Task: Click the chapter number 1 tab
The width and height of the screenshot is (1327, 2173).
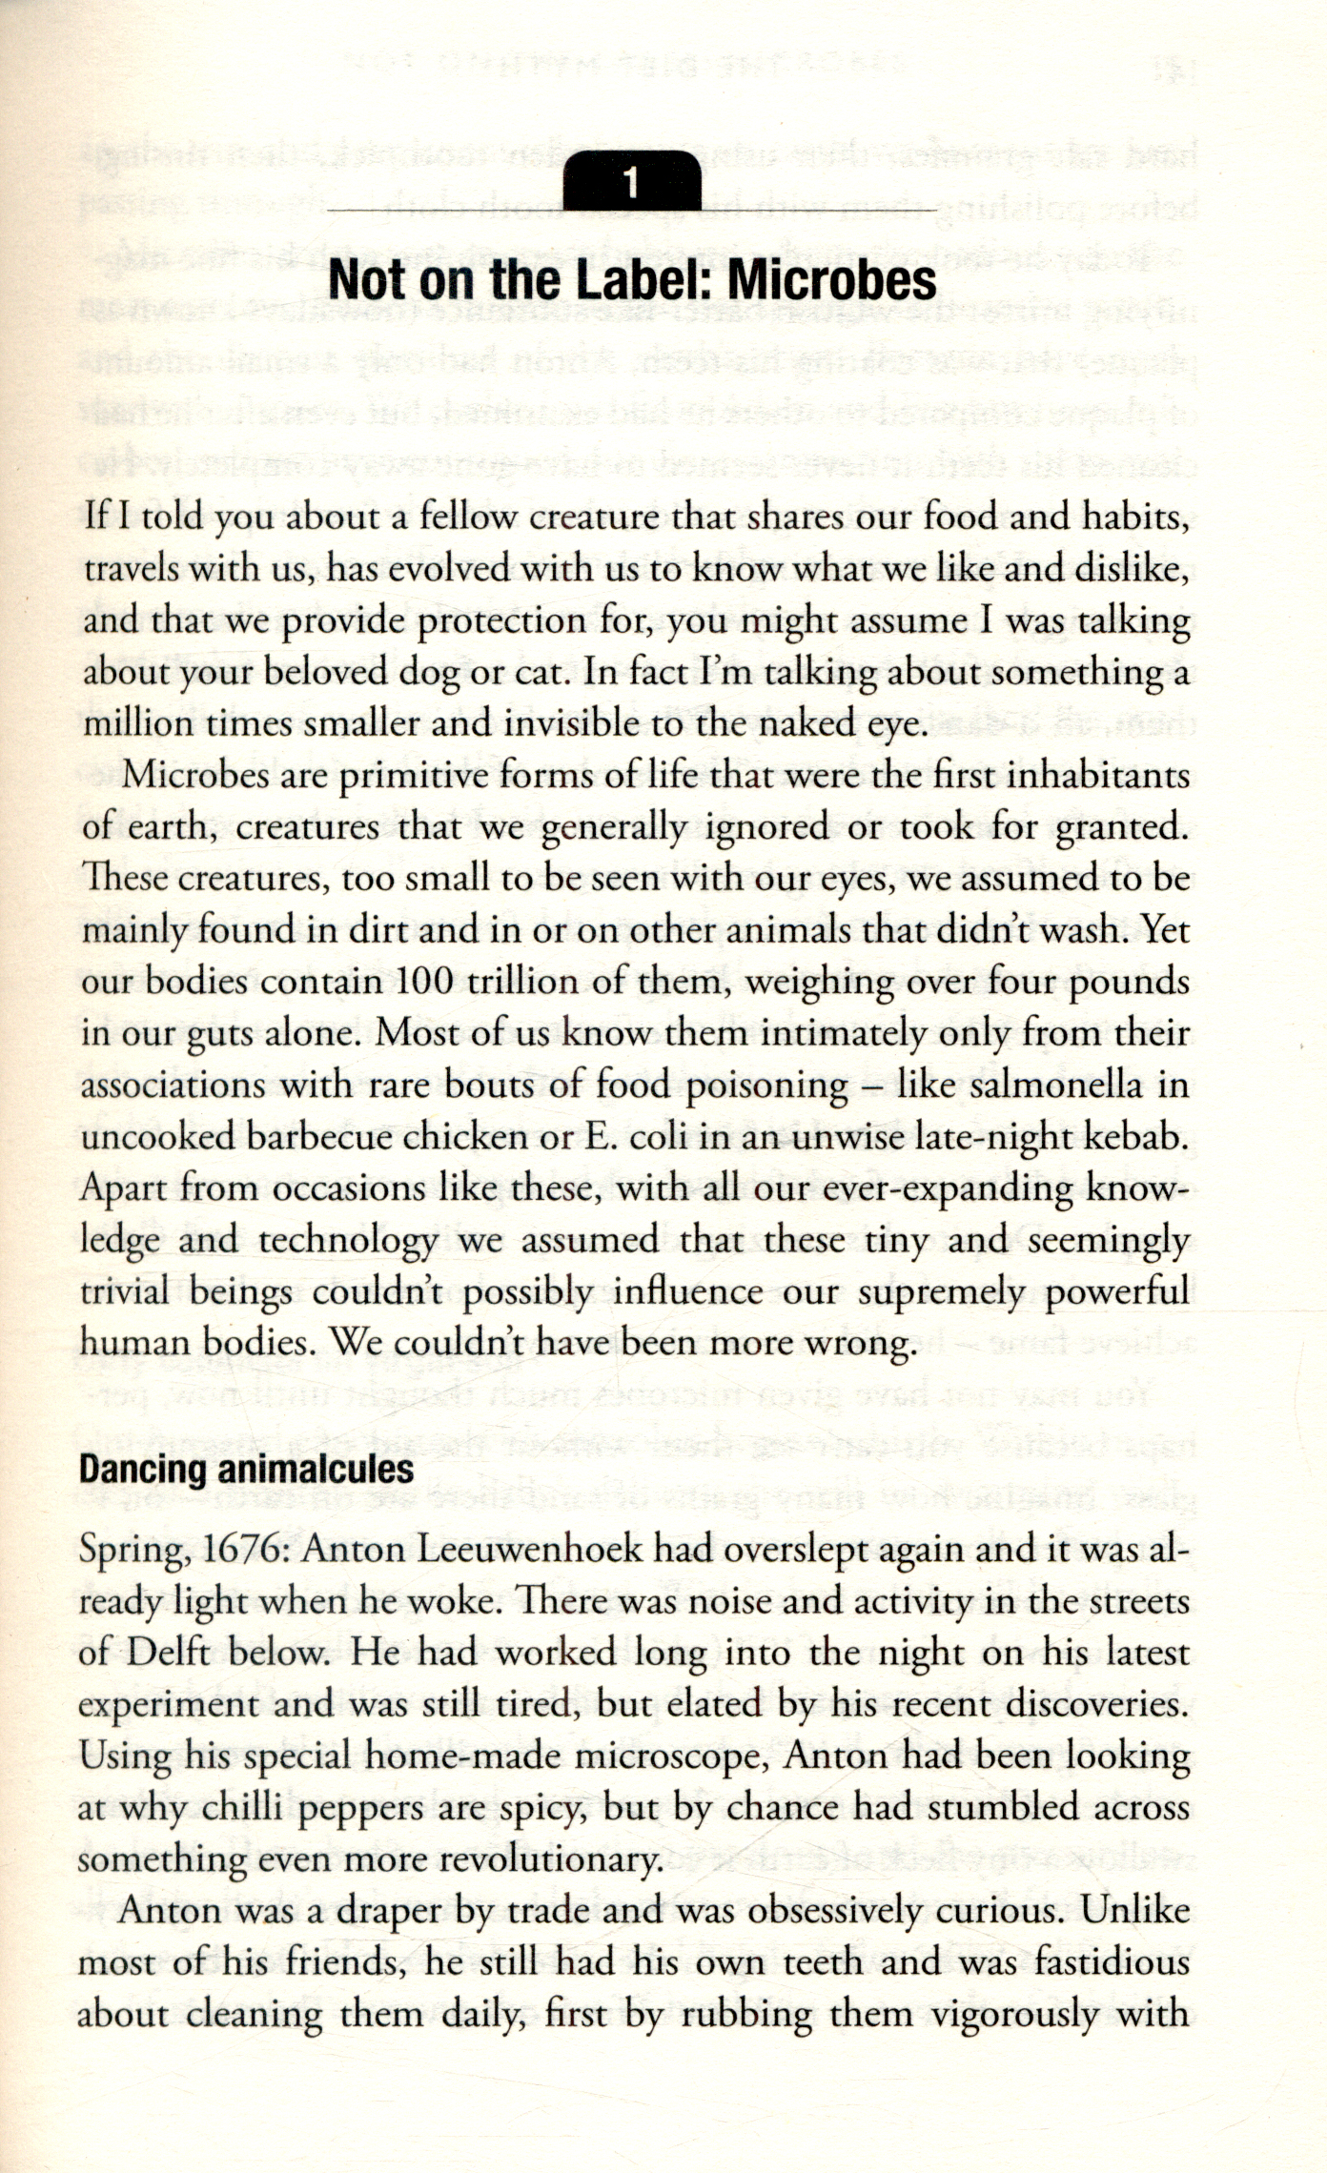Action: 630,181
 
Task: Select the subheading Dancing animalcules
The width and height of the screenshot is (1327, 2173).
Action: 246,1468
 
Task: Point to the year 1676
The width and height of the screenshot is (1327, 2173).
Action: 241,1551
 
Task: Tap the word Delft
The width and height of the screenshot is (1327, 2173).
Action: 167,1653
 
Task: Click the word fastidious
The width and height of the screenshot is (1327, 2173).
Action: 1112,1962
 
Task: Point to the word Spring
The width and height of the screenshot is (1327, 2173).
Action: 132,1552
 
